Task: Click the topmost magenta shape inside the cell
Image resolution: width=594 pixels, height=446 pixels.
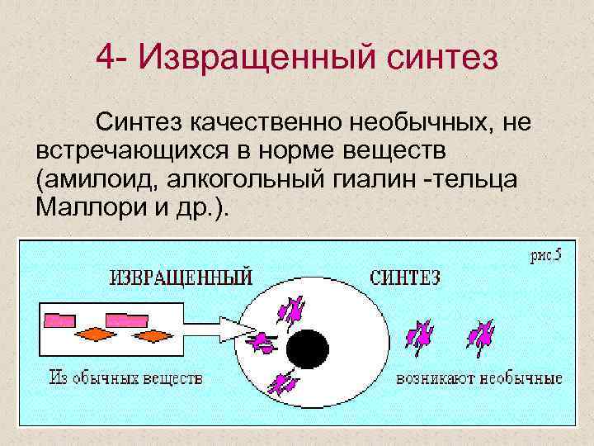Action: point(291,310)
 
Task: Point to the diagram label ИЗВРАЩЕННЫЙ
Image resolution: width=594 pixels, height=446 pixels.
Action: point(181,277)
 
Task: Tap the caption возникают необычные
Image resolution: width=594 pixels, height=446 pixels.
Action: point(479,379)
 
